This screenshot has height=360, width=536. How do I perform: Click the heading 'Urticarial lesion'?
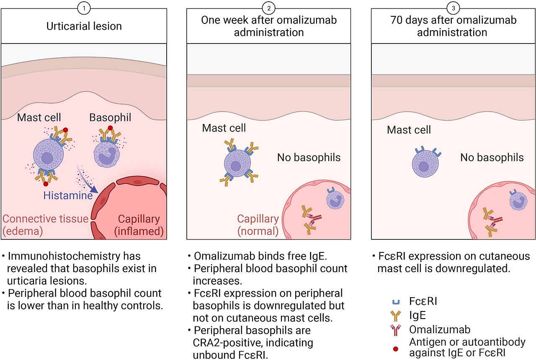point(84,26)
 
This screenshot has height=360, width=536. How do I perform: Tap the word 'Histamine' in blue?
point(68,195)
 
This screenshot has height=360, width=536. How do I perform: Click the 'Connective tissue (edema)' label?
point(45,224)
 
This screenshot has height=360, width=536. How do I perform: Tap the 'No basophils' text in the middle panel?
point(309,157)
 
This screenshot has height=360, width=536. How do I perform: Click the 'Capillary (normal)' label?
point(258,224)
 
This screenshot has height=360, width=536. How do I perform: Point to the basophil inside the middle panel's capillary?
point(335,199)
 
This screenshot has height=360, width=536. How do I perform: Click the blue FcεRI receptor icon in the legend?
point(396,301)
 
